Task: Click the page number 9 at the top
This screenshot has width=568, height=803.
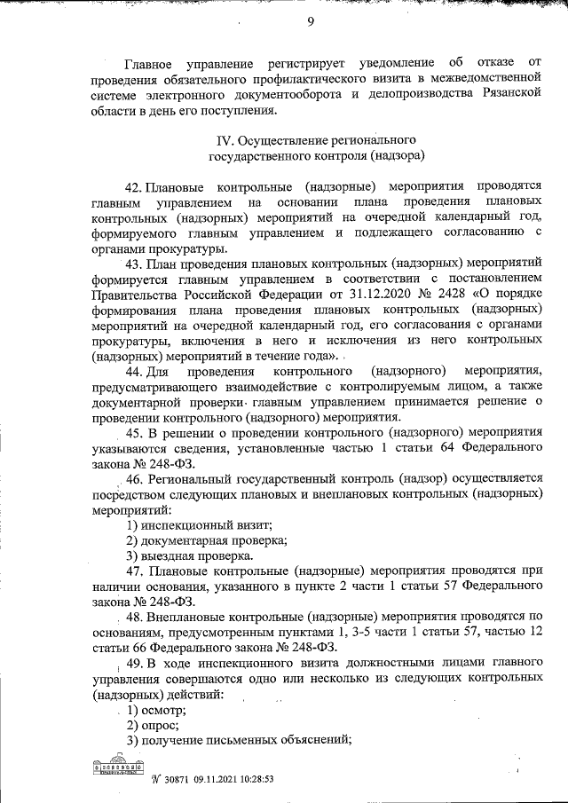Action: pos(312,23)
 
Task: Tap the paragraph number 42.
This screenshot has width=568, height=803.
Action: pos(134,188)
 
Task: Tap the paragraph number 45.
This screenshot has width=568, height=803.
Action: pos(134,433)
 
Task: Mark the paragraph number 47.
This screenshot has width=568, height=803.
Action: pos(134,571)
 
